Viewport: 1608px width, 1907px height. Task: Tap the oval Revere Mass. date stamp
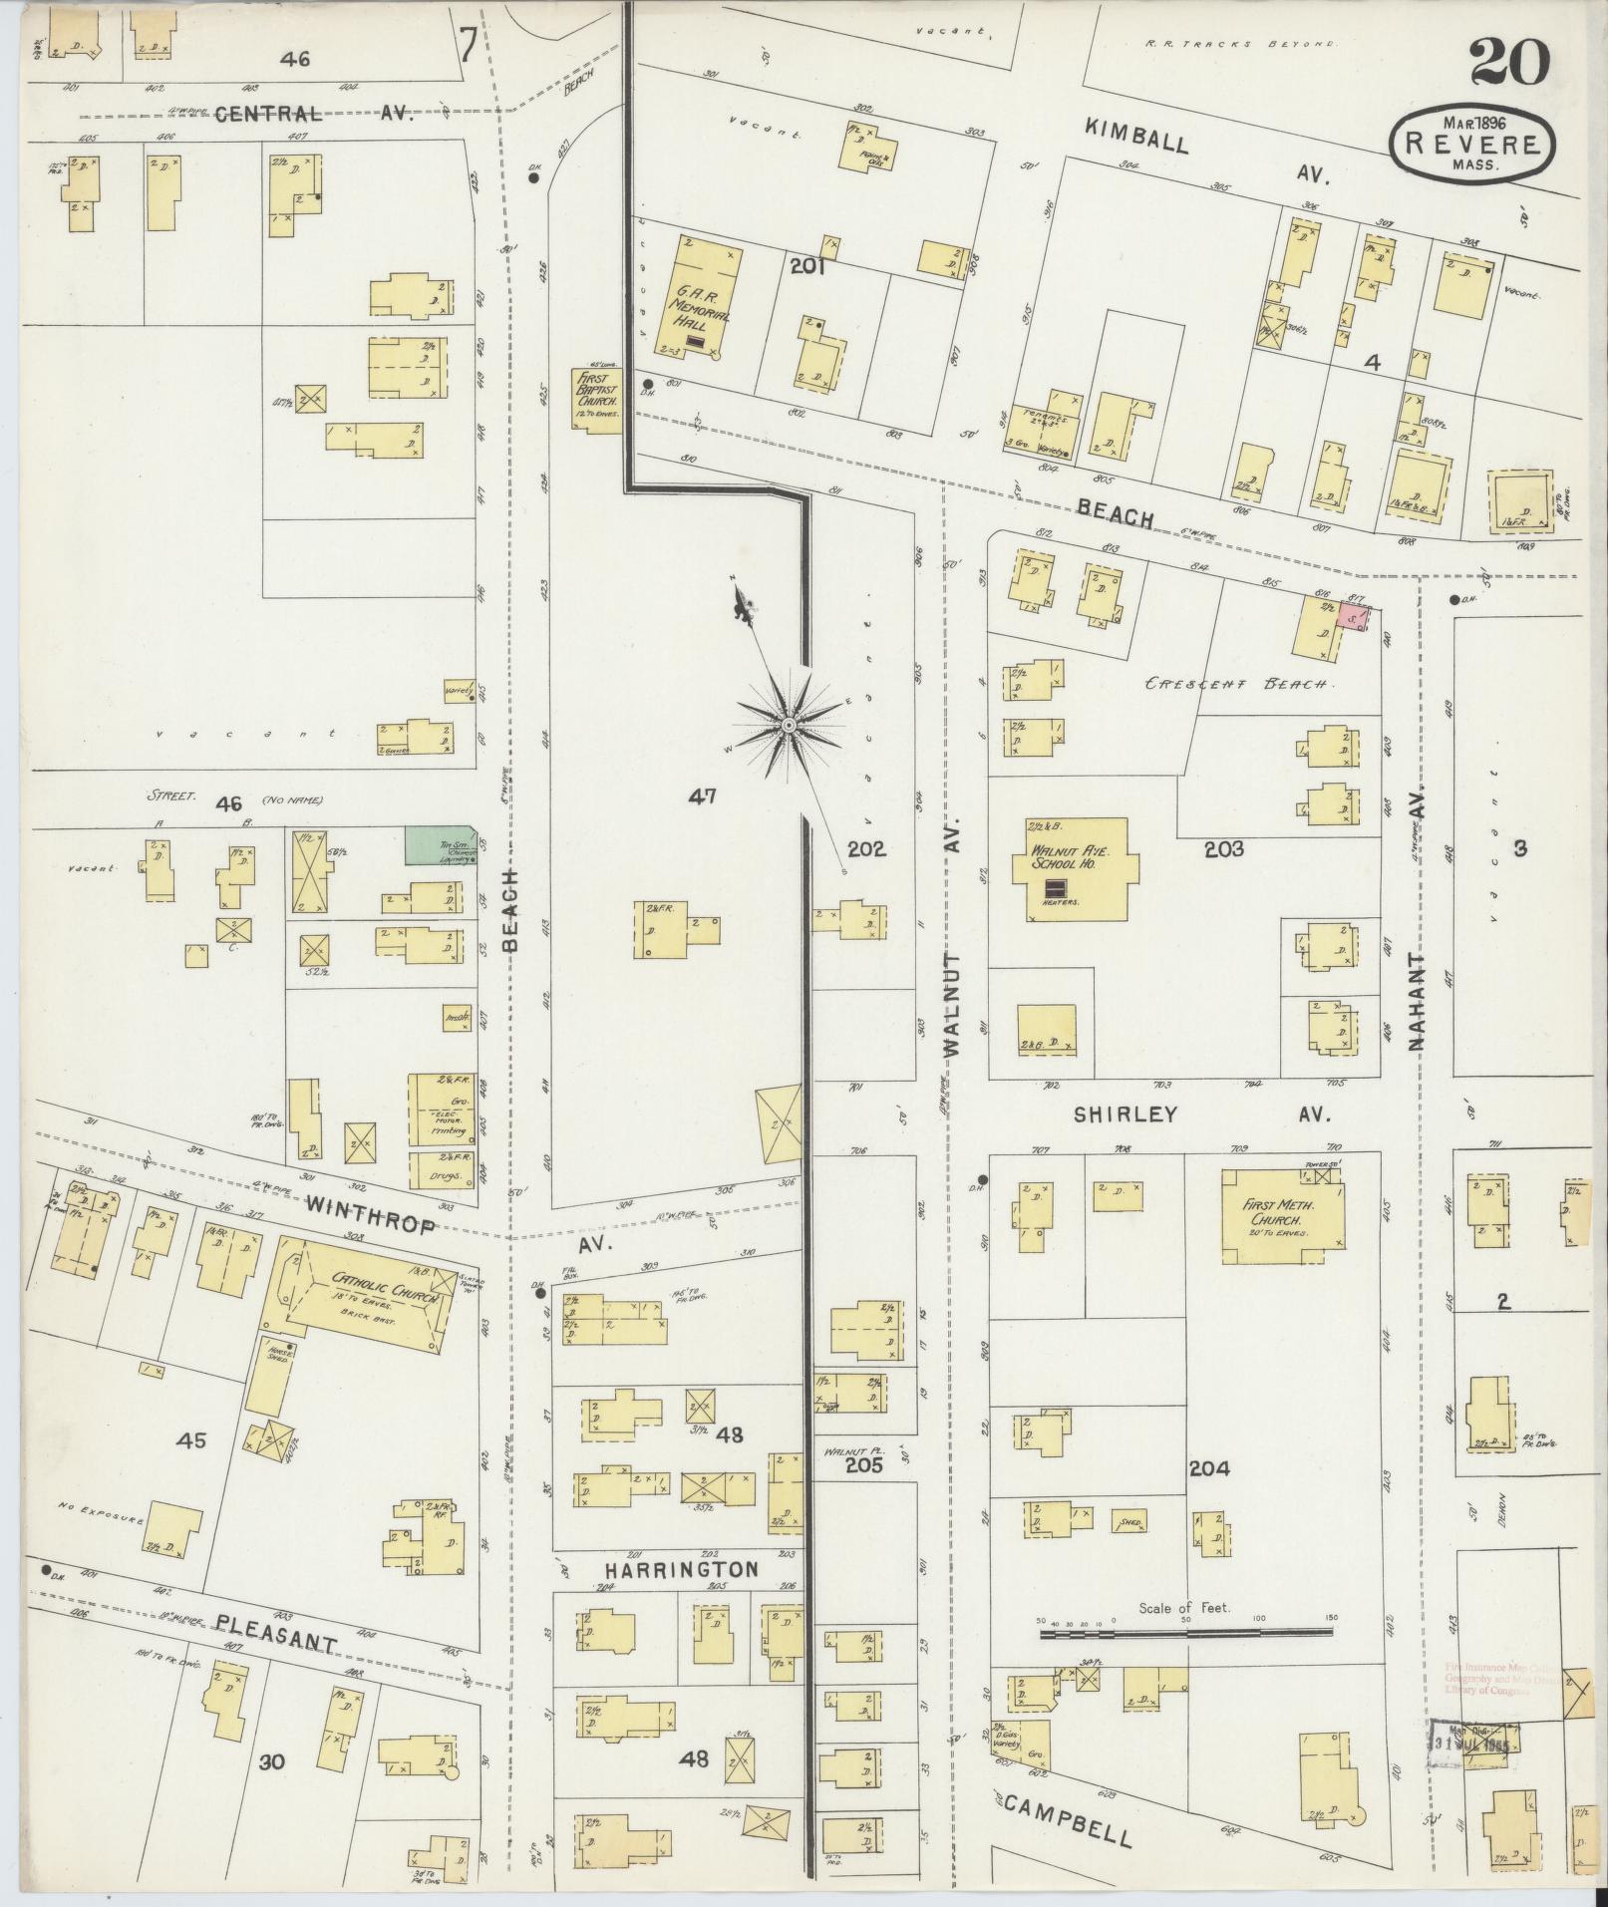tap(1471, 145)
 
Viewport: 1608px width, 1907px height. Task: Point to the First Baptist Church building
tap(596, 399)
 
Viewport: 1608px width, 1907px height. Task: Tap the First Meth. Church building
tap(1282, 1216)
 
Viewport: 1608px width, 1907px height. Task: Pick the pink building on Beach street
tap(1351, 617)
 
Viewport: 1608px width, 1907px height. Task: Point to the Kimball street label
tap(1137, 138)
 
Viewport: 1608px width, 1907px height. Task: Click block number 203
tap(1223, 849)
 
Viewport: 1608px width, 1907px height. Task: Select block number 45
tap(191, 1440)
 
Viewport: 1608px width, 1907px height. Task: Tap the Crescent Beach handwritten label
tap(1236, 685)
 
